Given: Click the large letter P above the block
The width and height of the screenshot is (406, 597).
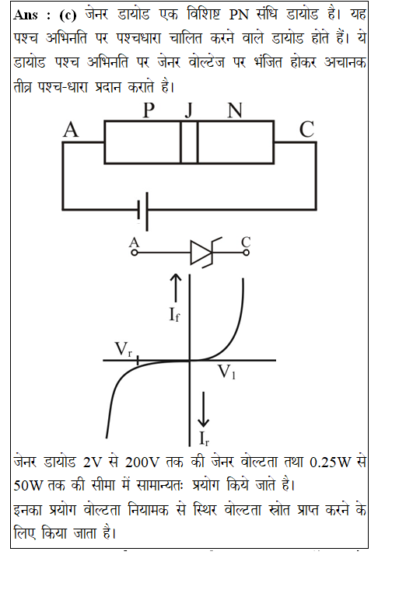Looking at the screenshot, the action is coord(149,110).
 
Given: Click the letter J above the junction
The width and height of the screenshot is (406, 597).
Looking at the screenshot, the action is coord(189,110).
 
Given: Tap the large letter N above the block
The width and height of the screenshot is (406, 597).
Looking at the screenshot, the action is coord(235,110).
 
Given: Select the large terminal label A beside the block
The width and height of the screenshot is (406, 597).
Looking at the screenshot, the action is coord(71,130).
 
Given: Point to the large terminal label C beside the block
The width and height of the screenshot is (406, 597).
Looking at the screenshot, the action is coord(306,130).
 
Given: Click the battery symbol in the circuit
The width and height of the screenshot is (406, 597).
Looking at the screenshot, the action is coord(143,211).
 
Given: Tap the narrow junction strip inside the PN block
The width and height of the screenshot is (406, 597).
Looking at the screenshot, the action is coord(189,142).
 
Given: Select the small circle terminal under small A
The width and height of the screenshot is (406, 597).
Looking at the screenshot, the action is coord(134,252).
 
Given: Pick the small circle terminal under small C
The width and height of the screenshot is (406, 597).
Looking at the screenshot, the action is coord(246,252).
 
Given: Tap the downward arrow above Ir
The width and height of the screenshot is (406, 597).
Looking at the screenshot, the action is coord(203,410).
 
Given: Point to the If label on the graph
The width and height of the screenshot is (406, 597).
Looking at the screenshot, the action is coord(174,315).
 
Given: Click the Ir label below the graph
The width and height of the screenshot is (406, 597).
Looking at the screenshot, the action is coord(204,438).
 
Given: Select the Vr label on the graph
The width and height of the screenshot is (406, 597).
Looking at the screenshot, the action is coord(123,349).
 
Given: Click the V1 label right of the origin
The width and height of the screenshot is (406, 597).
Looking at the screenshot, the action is coord(226,372).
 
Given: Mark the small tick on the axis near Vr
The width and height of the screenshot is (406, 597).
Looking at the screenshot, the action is coord(138,359).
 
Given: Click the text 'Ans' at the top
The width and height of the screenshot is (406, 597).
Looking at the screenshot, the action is coord(26,15).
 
